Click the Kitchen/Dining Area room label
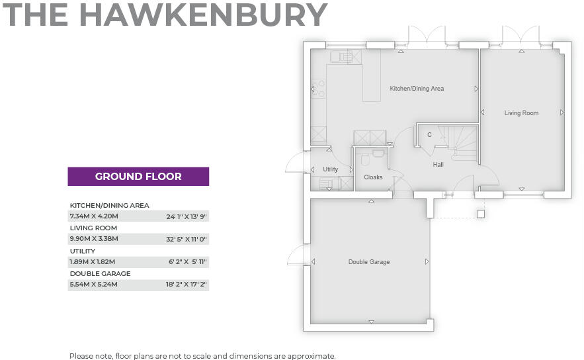pyautogui.click(x=416, y=89)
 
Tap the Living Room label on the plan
pyautogui.click(x=521, y=113)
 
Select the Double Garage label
pyautogui.click(x=369, y=262)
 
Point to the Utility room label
pyautogui.click(x=330, y=169)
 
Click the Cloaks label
pyautogui.click(x=373, y=177)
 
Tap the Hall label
pyautogui.click(x=438, y=164)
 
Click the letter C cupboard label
pyautogui.click(x=429, y=135)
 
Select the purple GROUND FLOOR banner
pyautogui.click(x=138, y=176)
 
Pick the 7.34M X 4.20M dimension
pyautogui.click(x=93, y=216)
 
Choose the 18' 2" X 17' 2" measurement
pyautogui.click(x=187, y=285)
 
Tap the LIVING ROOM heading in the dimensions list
pyautogui.click(x=93, y=228)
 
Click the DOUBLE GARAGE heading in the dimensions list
pyautogui.click(x=100, y=273)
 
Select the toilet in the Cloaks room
pyautogui.click(x=365, y=159)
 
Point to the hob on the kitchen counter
pyautogui.click(x=319, y=88)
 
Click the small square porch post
pyautogui.click(x=481, y=214)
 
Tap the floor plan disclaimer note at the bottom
pyautogui.click(x=202, y=355)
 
